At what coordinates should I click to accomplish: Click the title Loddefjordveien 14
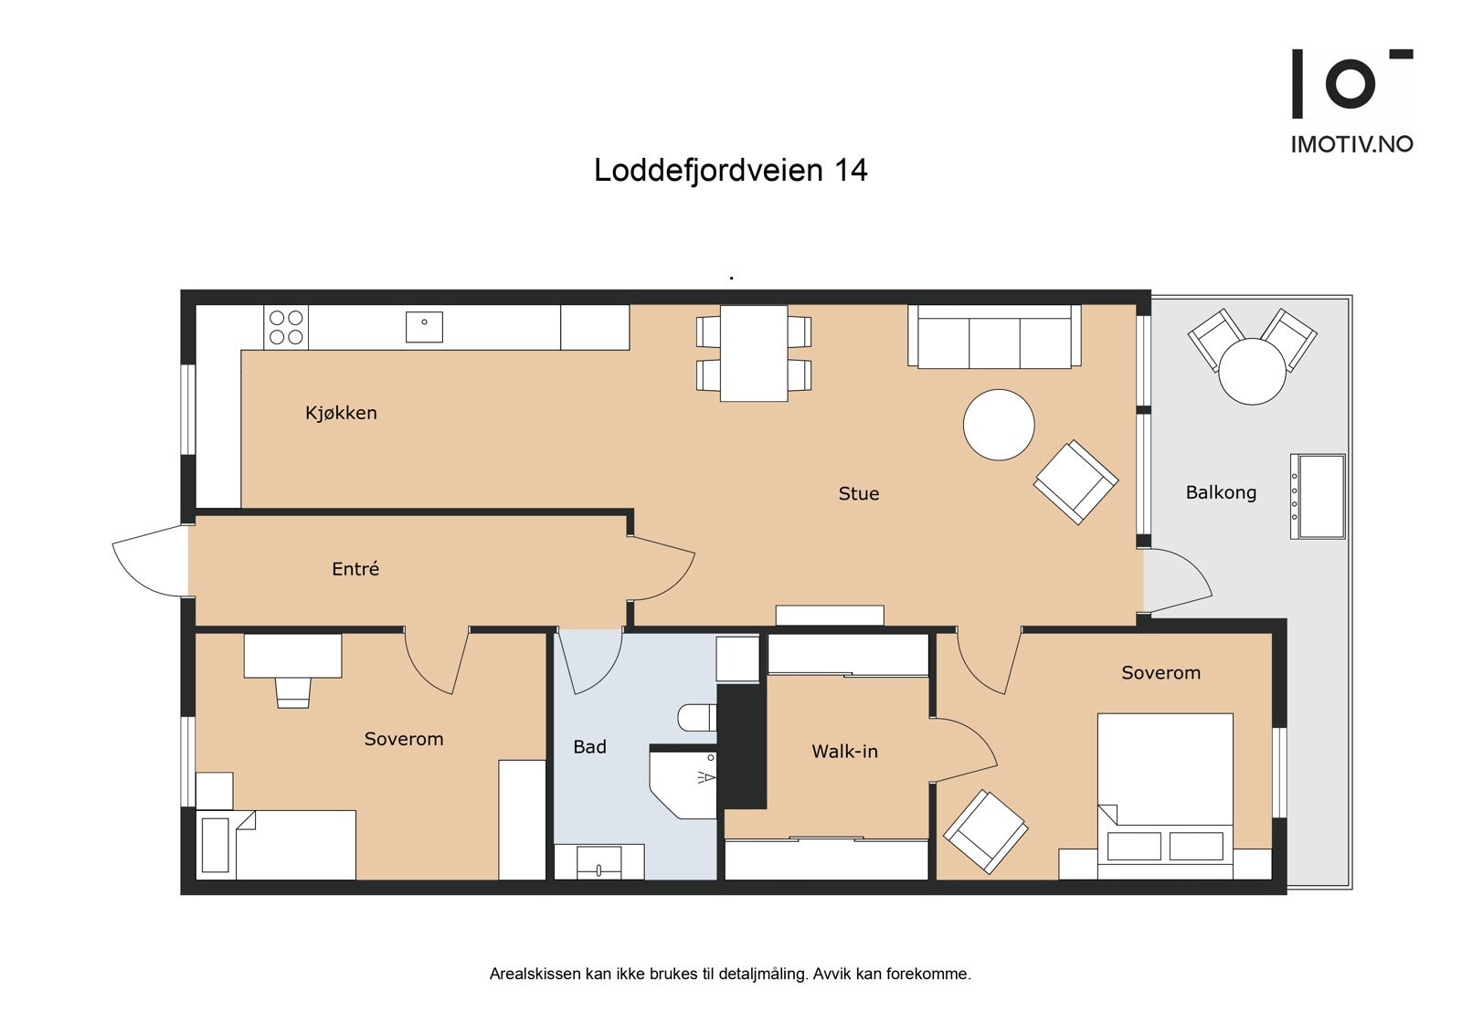(730, 171)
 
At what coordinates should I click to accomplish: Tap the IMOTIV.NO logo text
(1351, 144)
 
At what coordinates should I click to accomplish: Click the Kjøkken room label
(341, 413)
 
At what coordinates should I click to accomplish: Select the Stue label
(858, 494)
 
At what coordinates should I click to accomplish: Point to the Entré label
(355, 569)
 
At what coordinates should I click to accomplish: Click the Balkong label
(1220, 493)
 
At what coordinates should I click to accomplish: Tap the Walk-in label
(844, 752)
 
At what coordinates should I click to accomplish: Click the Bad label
(589, 747)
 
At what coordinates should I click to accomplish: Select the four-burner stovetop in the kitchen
(286, 328)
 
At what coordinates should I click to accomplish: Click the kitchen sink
(423, 326)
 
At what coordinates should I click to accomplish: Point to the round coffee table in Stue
(999, 425)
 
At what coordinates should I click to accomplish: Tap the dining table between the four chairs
(754, 353)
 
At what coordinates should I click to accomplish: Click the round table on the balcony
(1252, 371)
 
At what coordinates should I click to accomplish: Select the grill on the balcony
(1318, 497)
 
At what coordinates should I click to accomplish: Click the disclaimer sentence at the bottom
(730, 974)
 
